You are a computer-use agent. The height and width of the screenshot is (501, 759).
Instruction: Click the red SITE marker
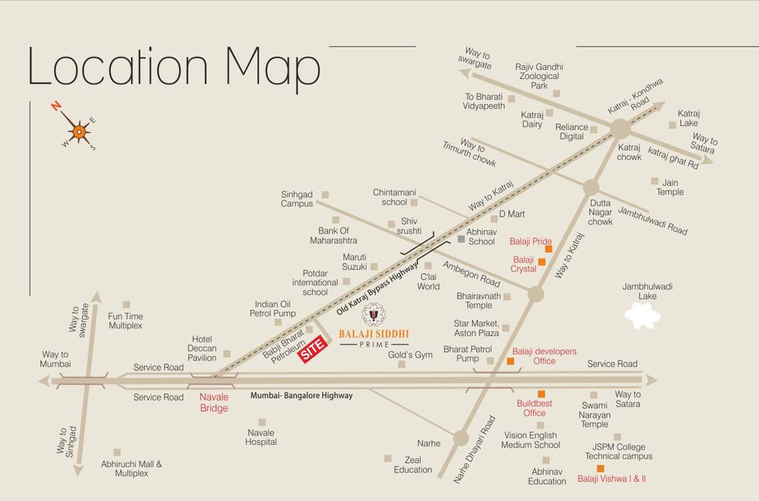(312, 348)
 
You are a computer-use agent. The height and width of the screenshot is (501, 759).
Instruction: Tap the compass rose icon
(79, 132)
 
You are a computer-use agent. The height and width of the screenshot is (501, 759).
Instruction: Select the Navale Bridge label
(214, 402)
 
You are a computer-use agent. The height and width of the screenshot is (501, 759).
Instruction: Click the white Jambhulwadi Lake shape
(642, 316)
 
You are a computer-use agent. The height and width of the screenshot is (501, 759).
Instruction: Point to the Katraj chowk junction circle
(620, 129)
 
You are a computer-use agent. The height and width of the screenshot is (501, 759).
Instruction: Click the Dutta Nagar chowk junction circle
(591, 187)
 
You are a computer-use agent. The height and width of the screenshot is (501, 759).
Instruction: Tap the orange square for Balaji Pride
(548, 249)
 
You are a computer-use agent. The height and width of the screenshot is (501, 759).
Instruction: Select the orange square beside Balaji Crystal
(541, 262)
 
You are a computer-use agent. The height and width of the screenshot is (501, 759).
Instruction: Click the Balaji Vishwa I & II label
(611, 479)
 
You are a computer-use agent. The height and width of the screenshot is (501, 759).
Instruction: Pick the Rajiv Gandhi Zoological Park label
(539, 76)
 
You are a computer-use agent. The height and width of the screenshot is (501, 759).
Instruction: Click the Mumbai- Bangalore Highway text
(301, 395)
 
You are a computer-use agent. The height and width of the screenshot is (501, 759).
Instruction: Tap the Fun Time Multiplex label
(125, 321)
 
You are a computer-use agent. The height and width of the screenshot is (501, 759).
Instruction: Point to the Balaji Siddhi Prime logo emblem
(374, 314)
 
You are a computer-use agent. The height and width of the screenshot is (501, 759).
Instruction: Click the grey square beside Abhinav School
(461, 239)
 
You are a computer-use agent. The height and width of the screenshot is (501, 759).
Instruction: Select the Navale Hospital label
(261, 437)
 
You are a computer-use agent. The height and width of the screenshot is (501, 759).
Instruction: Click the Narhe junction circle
(461, 438)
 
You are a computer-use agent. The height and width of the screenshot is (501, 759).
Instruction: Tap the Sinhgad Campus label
(297, 199)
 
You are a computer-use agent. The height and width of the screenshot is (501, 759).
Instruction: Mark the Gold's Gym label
(410, 355)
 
